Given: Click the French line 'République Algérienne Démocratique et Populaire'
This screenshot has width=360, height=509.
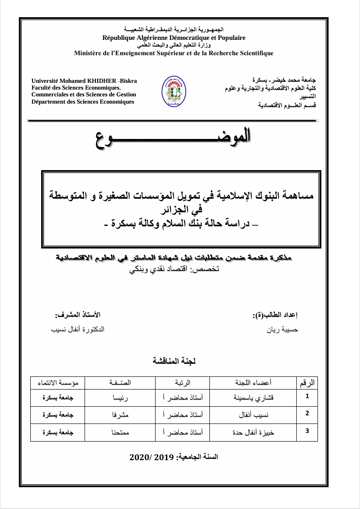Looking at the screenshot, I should pos(174,38).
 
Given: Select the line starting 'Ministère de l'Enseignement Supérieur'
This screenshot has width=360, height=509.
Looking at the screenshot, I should pos(174,53).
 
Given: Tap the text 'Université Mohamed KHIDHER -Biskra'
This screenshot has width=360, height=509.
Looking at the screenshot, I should pos(84,81).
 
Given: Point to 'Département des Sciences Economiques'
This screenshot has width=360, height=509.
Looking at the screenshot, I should pos(83,102).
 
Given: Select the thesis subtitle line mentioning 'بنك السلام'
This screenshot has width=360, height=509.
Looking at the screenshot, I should pos(181,223).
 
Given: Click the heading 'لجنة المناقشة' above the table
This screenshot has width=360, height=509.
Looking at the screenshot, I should pos(174,361).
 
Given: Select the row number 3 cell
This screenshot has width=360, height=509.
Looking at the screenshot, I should pos(308,431).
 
